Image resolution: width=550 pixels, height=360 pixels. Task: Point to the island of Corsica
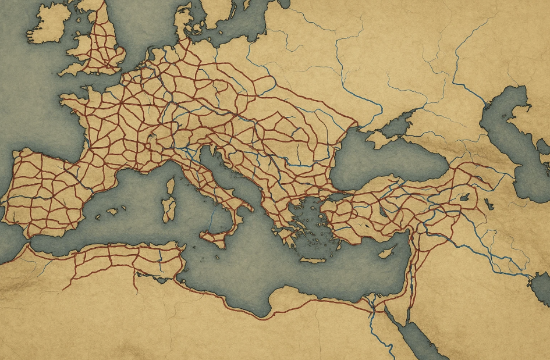point(171,187)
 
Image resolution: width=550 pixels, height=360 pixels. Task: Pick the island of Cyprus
point(387,251)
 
